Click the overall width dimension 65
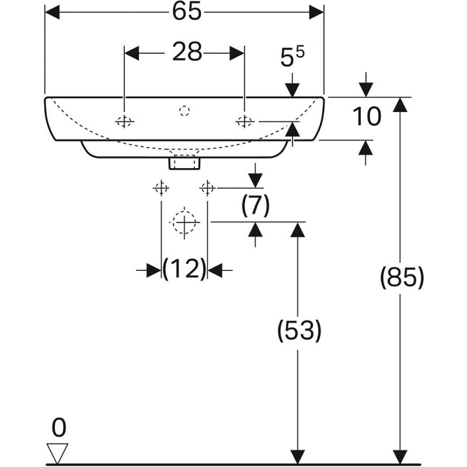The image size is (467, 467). pos(186,13)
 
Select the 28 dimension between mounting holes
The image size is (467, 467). pos(186,52)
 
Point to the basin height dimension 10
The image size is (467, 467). pos(367,117)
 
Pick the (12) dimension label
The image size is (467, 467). pos(184,269)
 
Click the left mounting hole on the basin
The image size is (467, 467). pos(124,121)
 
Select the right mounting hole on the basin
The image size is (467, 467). pos(244,121)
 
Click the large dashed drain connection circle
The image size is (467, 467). pos(184,221)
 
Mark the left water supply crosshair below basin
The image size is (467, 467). pos(161,188)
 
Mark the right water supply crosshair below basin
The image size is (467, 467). pos(207,188)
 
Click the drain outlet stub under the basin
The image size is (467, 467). pos(184,162)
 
